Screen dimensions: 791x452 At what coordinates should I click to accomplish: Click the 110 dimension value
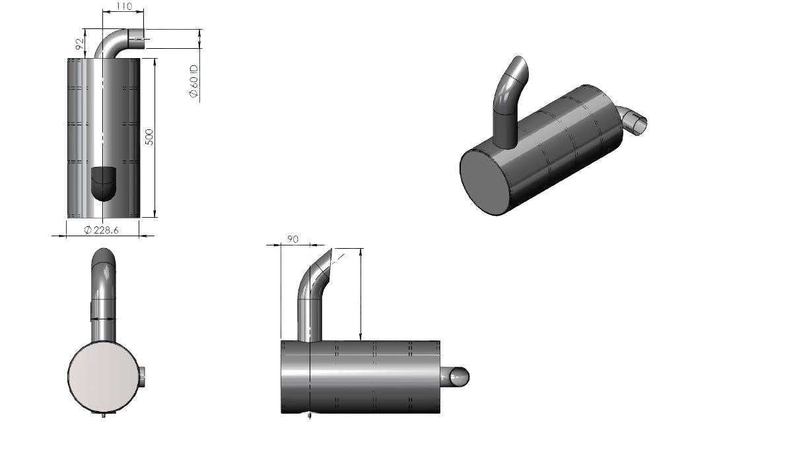click(123, 7)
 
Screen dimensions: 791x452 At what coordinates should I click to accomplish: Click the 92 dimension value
click(79, 44)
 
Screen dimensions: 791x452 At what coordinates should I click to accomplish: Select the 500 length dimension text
click(149, 137)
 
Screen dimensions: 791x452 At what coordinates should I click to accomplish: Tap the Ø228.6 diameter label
click(102, 230)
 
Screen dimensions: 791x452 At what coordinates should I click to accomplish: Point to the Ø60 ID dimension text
click(193, 81)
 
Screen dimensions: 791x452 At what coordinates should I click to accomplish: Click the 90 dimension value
click(292, 239)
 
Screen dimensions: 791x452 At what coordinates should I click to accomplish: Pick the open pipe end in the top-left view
click(139, 38)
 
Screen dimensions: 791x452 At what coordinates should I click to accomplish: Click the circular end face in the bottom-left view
click(104, 375)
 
